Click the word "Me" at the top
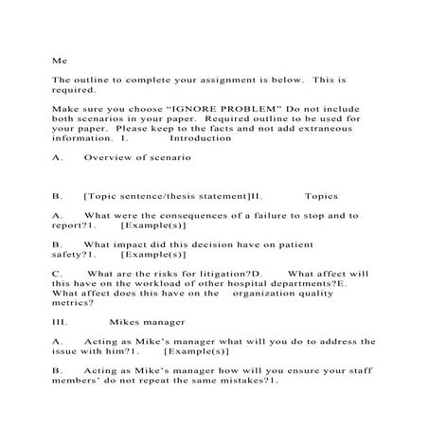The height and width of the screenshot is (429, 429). [58, 59]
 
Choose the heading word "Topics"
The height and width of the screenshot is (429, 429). [322, 196]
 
